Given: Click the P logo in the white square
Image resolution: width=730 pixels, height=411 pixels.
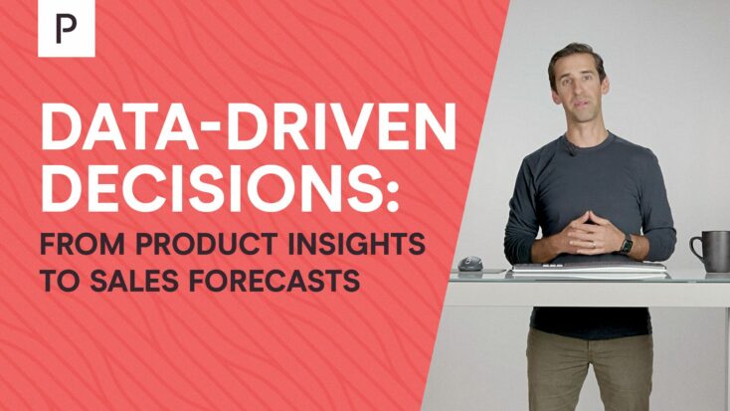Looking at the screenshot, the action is click(66, 29).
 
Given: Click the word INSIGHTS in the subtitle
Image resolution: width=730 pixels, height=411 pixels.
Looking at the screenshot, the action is click(356, 244).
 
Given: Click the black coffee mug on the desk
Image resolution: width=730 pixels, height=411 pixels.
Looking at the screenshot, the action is click(710, 252).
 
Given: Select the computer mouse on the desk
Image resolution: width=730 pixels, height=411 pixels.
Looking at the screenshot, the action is click(470, 265).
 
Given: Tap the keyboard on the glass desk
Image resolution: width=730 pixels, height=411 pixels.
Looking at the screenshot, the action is click(590, 269).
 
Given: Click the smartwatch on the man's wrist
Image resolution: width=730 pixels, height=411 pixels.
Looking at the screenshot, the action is click(627, 244).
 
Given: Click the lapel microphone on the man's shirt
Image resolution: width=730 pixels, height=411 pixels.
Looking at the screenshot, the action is click(571, 149).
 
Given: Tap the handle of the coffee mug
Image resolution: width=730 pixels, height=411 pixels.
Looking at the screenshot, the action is click(696, 249).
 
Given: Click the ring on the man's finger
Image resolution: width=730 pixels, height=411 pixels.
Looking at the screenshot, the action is click(594, 244).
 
